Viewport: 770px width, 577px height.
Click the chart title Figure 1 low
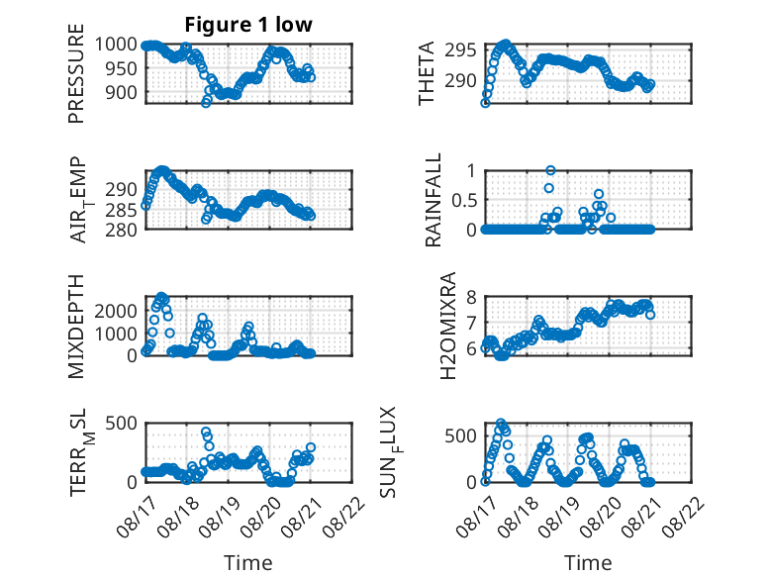click(248, 25)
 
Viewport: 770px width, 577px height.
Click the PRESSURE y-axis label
click(76, 73)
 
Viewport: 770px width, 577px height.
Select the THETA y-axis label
click(427, 73)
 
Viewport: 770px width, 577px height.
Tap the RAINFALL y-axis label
click(433, 200)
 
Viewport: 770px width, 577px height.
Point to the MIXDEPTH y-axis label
click(76, 327)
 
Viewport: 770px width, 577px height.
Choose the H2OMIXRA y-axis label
click(448, 326)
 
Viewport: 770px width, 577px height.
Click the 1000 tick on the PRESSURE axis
click(116, 45)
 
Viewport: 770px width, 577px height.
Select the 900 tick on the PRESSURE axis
click(121, 92)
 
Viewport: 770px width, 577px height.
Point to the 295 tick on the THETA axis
click(460, 50)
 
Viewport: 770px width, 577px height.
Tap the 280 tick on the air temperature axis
click(121, 230)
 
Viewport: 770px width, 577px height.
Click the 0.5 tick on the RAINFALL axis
click(464, 200)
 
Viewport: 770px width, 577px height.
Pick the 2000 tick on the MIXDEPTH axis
click(116, 311)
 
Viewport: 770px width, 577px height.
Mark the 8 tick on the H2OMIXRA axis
click(471, 297)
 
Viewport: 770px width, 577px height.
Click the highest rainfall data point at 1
click(550, 170)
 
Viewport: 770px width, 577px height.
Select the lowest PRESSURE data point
click(206, 103)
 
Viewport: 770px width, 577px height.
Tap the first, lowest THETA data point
click(485, 103)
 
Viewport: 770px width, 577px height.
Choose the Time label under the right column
click(588, 563)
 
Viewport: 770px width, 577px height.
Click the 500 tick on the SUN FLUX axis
click(460, 436)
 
